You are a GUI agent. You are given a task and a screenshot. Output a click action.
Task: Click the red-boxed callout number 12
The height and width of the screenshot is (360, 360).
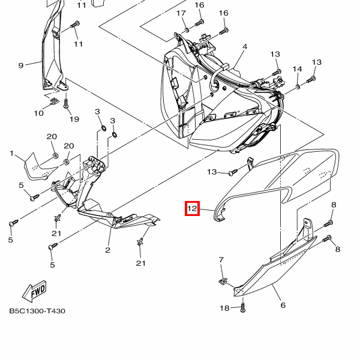pos(192,208)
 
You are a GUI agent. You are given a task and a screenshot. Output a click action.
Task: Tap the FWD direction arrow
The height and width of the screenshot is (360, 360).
pos(34,291)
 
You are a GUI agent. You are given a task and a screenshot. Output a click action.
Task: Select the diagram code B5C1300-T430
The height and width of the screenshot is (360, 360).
pos(37,311)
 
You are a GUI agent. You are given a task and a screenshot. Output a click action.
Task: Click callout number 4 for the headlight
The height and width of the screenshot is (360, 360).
pos(245,47)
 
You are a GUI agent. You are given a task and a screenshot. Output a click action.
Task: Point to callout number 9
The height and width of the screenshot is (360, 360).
pos(21,65)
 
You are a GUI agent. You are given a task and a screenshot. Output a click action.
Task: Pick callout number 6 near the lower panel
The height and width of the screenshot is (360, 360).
pos(283,305)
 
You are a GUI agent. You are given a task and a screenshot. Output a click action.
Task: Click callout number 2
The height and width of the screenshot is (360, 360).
pos(107,250)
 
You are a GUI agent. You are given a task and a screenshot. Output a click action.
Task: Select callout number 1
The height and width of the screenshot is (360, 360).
pos(12,153)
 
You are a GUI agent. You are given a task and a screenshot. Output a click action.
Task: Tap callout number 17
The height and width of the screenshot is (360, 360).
pos(181,13)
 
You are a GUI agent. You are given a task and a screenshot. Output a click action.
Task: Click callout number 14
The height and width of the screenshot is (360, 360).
pos(297,69)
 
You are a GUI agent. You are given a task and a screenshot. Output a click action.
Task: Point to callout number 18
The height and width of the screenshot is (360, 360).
pos(224,308)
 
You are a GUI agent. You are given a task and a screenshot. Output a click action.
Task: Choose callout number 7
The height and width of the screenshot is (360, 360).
pos(221,260)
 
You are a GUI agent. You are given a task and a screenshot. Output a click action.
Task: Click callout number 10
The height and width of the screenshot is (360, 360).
pos(38,113)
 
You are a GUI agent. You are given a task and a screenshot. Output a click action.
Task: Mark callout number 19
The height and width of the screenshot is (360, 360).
pos(74,119)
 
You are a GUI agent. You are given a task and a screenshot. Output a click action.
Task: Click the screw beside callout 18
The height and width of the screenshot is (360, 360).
pos(242,307)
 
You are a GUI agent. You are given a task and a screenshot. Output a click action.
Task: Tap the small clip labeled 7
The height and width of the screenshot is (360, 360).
pos(223,281)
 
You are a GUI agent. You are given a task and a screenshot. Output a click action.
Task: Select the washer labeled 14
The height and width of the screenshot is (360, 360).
pos(298,86)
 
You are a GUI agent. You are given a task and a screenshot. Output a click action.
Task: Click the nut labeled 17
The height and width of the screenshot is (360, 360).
pos(187,29)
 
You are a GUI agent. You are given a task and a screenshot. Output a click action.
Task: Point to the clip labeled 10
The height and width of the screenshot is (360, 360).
pos(55,100)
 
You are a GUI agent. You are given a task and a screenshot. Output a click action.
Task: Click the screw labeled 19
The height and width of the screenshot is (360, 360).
pos(66,104)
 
